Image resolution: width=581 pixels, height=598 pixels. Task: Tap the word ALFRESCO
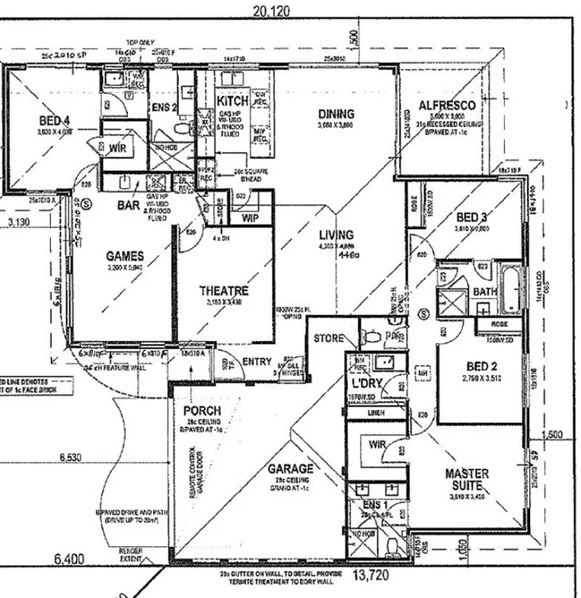pyautogui.click(x=447, y=105)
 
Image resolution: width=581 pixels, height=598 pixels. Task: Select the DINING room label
pyautogui.click(x=336, y=114)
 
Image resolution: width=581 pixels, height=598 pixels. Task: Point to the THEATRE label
pyautogui.click(x=223, y=291)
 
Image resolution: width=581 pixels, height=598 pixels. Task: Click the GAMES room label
pyautogui.click(x=126, y=256)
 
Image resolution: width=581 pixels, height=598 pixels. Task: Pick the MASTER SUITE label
pyautogui.click(x=467, y=480)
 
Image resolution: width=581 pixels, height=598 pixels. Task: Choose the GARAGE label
pyautogui.click(x=289, y=468)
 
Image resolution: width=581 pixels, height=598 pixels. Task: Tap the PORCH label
pyautogui.click(x=203, y=411)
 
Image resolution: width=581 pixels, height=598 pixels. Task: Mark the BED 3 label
pyautogui.click(x=471, y=216)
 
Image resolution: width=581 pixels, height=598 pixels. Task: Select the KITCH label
pyautogui.click(x=232, y=101)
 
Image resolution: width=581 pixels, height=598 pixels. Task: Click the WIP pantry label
pyautogui.click(x=251, y=218)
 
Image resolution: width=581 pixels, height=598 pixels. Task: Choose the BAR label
pyautogui.click(x=128, y=205)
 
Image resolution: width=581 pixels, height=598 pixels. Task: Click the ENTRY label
pyautogui.click(x=257, y=362)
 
